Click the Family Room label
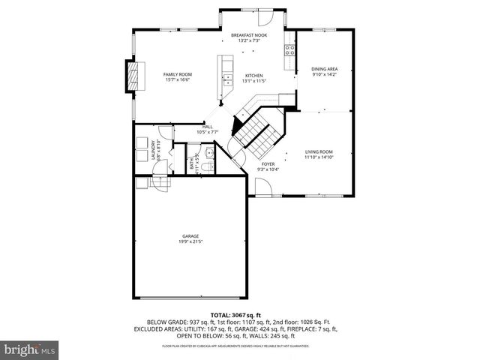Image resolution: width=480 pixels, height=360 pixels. (178, 74)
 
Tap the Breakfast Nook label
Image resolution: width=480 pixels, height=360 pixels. (249, 35)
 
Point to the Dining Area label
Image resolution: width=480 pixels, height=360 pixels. (325, 69)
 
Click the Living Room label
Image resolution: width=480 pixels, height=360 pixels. (319, 152)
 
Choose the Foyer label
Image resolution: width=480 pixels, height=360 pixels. (268, 163)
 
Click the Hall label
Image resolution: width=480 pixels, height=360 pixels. (208, 127)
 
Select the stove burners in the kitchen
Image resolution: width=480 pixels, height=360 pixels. (289, 50)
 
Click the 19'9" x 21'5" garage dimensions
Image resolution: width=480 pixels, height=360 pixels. (190, 242)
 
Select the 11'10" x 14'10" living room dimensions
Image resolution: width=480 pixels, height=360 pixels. (319, 157)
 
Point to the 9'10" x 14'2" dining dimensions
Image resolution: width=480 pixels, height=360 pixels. (325, 74)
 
